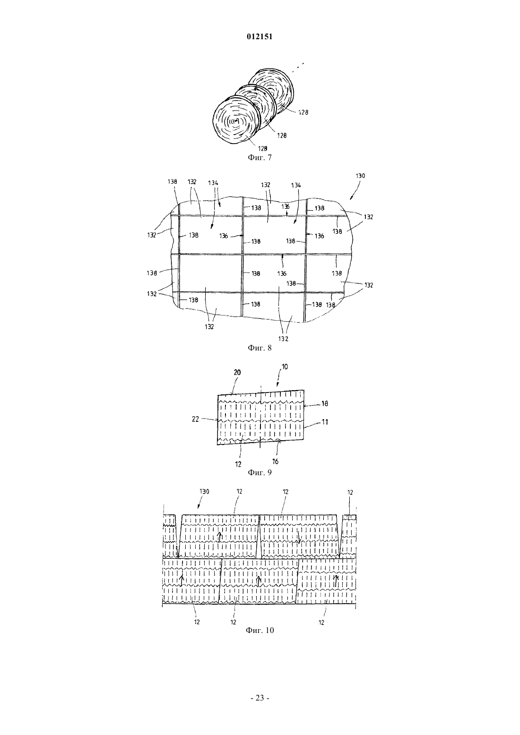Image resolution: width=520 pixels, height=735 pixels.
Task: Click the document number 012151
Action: tap(260, 37)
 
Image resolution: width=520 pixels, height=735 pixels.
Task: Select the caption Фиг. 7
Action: tap(260, 157)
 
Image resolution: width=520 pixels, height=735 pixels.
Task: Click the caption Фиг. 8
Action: tap(260, 348)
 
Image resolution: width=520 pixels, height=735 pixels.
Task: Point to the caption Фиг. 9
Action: tap(260, 472)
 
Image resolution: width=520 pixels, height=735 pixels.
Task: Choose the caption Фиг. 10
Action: tap(260, 630)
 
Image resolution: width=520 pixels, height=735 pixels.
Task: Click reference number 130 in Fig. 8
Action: tap(360, 176)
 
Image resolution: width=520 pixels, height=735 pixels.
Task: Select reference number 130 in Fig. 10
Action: tap(204, 492)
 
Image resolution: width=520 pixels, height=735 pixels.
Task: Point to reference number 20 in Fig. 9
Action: tap(237, 372)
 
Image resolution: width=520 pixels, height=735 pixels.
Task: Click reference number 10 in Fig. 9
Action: tap(285, 367)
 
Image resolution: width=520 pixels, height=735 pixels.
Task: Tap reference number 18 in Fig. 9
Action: tap(325, 404)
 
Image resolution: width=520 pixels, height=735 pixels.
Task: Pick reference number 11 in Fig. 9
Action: tap(325, 422)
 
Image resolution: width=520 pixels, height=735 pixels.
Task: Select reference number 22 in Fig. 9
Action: tap(195, 419)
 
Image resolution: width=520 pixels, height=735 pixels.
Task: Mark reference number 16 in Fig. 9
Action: tap(276, 462)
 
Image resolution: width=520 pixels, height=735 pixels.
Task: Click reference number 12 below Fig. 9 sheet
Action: tap(238, 464)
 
